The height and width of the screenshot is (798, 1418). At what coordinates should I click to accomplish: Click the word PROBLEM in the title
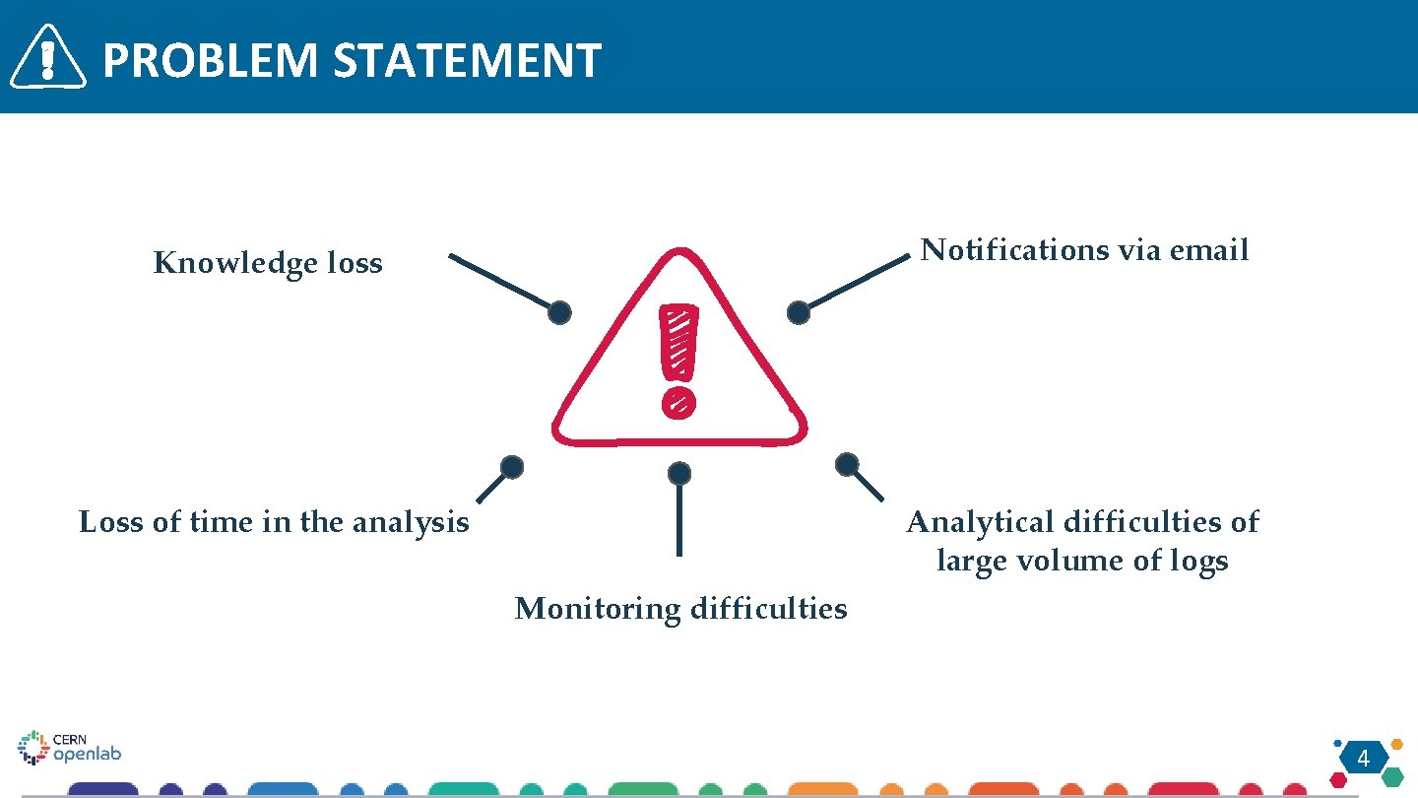pos(211,60)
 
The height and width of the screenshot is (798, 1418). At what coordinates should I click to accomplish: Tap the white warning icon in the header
pos(47,57)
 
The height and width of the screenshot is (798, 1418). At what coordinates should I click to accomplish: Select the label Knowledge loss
pos(268,264)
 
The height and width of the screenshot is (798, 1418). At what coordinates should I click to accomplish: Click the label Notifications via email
pos(1084,250)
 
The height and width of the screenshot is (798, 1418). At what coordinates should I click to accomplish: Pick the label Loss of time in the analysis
pos(274,521)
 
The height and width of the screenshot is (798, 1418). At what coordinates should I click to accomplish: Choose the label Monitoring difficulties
pos(680,609)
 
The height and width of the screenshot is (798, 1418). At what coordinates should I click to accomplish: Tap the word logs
pos(1198,561)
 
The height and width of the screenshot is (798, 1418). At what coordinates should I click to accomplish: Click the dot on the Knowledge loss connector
pos(559,312)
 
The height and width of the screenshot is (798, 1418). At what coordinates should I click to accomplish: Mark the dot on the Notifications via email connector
pos(799,313)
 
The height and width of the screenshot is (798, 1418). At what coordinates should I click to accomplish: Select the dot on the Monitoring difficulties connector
pos(678,474)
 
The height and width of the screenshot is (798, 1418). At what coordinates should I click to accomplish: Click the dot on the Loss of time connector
pos(511,467)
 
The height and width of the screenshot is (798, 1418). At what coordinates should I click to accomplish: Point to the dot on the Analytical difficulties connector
pos(847,464)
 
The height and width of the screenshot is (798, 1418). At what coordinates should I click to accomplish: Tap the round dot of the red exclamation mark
pos(678,401)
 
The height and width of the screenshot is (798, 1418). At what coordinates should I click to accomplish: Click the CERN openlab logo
pos(69,748)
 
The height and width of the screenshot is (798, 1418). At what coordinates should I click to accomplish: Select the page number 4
pos(1364,759)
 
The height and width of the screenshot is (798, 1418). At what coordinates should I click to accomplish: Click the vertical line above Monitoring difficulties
pos(678,520)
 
